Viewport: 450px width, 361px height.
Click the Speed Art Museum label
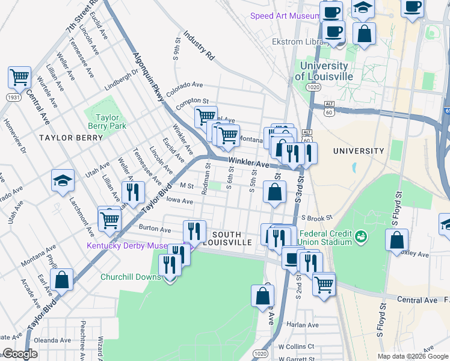[285, 16]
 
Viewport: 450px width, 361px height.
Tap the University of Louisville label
[323, 71]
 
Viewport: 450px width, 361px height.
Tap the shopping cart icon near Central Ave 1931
[19, 78]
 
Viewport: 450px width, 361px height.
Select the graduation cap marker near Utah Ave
[63, 180]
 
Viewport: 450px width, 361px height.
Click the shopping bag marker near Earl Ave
[61, 280]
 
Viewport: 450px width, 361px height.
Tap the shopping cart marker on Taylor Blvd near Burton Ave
[109, 218]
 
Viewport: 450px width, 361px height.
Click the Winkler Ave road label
[248, 163]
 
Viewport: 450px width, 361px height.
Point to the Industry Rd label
[199, 46]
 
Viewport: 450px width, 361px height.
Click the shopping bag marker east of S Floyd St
[396, 241]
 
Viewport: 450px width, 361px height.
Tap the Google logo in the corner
[20, 354]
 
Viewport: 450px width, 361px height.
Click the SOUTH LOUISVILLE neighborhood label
[226, 238]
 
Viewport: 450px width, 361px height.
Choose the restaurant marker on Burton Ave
[194, 230]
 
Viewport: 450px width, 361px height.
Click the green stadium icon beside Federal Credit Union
[361, 236]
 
